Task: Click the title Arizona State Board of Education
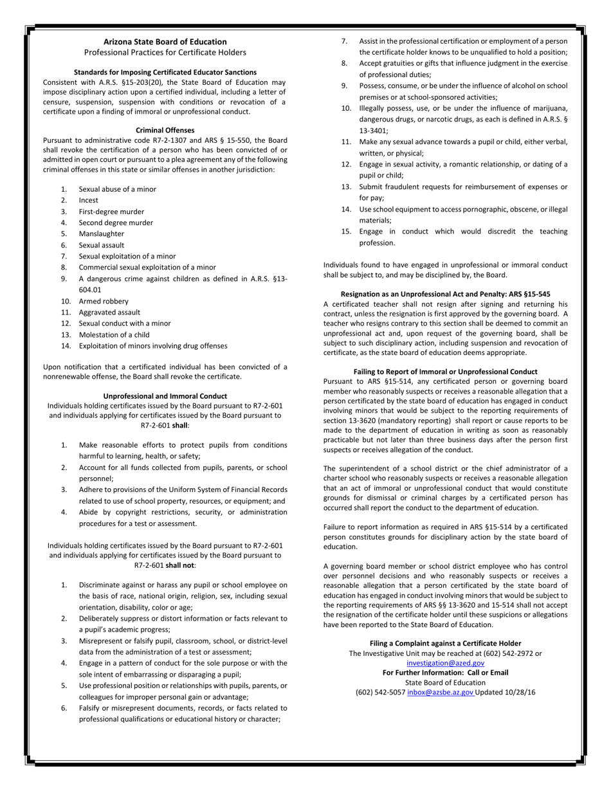click(x=165, y=41)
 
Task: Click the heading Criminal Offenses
click(x=165, y=130)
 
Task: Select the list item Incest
click(x=89, y=200)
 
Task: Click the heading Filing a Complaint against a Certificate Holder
click(x=445, y=643)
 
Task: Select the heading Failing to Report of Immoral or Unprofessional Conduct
click(x=445, y=372)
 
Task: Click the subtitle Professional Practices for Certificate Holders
click(x=165, y=51)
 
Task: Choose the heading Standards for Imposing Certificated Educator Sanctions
click(x=165, y=72)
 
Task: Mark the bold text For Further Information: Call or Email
click(x=445, y=673)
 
